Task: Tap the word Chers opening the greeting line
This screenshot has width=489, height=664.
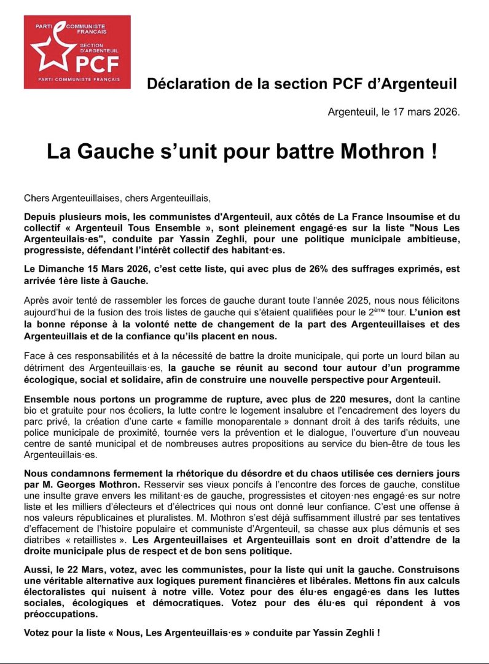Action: click(37, 198)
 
